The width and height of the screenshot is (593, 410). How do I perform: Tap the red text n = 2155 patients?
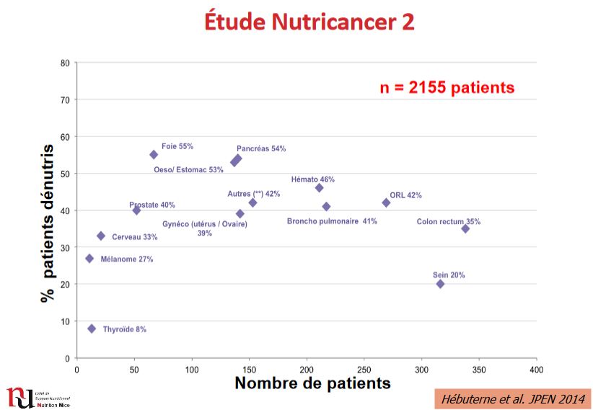coord(447,88)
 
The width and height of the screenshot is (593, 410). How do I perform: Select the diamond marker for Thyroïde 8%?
coord(92,329)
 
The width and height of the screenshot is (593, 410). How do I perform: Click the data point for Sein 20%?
coord(440,284)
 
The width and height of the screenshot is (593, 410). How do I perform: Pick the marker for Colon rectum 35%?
coord(465,228)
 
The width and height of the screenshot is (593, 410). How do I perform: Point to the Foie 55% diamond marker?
coord(154,154)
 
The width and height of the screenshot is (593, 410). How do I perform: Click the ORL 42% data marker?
coord(386,202)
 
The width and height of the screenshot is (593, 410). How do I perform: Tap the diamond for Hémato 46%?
coord(319,187)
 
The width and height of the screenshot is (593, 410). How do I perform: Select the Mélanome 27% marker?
coord(89,258)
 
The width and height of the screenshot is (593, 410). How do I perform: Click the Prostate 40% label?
coord(151,205)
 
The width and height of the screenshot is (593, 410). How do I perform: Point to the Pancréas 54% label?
coord(261,149)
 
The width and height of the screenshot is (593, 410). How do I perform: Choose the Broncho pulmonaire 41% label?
coord(332,221)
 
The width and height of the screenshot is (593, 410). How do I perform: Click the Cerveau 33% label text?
coord(135,236)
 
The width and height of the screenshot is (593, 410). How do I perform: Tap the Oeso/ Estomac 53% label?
coord(189,170)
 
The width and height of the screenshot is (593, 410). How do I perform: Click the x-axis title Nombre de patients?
coord(312,383)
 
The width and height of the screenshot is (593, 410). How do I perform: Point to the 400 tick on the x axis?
coord(536,370)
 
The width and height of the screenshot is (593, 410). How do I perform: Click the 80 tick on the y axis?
coord(65,63)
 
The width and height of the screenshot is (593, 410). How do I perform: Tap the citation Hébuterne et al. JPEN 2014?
coord(512,398)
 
